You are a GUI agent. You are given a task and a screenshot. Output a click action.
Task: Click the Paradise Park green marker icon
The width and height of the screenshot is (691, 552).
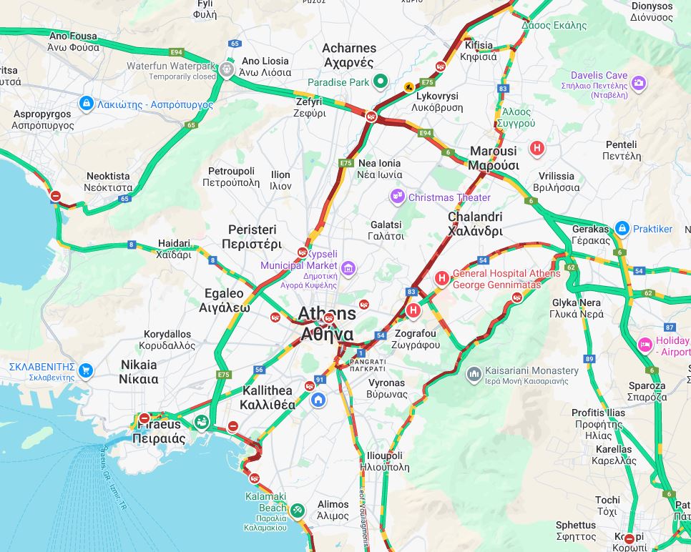(x=381, y=82)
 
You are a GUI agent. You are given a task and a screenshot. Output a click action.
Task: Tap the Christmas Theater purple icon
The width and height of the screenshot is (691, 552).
(x=397, y=197)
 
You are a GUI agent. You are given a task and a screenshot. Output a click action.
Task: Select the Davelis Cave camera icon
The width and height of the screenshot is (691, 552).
(x=638, y=83)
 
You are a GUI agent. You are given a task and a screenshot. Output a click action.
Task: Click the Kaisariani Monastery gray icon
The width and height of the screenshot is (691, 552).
(x=474, y=374)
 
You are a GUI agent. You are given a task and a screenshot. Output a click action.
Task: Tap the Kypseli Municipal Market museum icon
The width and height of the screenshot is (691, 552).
(x=348, y=269)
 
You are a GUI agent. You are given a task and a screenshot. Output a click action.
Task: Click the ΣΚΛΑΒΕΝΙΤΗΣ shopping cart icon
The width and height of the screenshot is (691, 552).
(x=86, y=370)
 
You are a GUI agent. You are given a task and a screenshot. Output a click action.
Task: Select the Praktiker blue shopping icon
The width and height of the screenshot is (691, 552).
(x=622, y=229)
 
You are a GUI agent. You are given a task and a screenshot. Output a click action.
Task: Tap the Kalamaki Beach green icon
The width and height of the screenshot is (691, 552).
(x=298, y=511)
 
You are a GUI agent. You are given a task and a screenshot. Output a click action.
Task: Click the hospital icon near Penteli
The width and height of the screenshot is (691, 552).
(x=536, y=149)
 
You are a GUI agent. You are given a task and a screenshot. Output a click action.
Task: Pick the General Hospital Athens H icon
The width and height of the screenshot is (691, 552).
(x=442, y=278)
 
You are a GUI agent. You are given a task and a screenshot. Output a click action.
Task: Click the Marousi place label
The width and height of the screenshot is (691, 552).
(x=494, y=158)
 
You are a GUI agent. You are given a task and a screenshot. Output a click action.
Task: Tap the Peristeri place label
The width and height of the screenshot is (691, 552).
(x=252, y=236)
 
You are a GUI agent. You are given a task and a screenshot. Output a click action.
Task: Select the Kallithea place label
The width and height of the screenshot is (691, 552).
(x=268, y=398)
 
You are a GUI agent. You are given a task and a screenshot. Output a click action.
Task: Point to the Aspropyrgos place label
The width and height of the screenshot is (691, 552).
(x=42, y=119)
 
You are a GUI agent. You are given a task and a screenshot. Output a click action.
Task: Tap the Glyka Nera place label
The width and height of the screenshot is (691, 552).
(x=577, y=308)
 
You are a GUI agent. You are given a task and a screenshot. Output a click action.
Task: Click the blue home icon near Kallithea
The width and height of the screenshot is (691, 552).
(x=318, y=400)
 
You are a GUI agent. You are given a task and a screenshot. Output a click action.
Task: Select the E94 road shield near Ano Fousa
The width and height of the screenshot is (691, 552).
(x=176, y=52)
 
